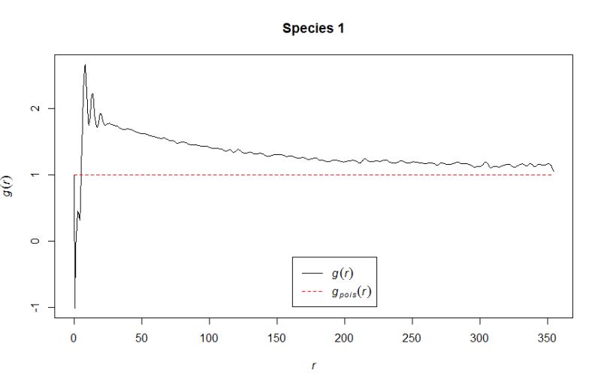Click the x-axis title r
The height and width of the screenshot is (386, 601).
click(313, 366)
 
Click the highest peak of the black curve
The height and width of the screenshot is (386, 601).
click(85, 65)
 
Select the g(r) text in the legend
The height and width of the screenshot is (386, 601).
click(343, 272)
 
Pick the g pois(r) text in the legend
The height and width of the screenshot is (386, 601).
click(350, 292)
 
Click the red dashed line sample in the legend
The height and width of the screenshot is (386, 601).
click(311, 292)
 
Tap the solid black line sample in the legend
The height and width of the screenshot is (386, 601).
click(311, 272)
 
